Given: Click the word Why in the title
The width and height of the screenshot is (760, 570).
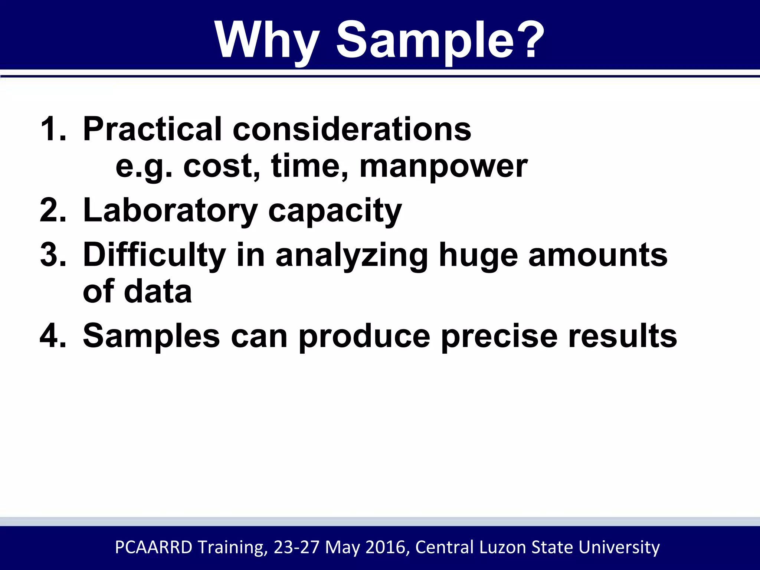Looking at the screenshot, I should click(267, 40).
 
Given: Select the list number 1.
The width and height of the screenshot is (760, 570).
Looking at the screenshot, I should click(52, 129).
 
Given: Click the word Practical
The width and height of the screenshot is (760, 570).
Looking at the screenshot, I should click(152, 129).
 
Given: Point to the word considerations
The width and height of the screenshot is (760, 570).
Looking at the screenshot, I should click(352, 129).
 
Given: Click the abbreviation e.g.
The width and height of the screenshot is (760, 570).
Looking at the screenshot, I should click(144, 167).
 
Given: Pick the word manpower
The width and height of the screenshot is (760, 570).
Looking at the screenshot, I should click(443, 167).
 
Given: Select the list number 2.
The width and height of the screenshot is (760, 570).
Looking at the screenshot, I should click(52, 210).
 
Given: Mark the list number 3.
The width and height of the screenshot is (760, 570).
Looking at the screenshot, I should click(52, 255).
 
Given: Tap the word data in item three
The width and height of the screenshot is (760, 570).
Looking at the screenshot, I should click(158, 292).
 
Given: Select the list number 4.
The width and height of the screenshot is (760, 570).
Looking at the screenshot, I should click(52, 336).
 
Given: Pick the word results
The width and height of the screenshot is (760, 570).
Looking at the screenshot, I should click(622, 336).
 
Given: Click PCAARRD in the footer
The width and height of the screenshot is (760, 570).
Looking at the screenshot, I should click(154, 547).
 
